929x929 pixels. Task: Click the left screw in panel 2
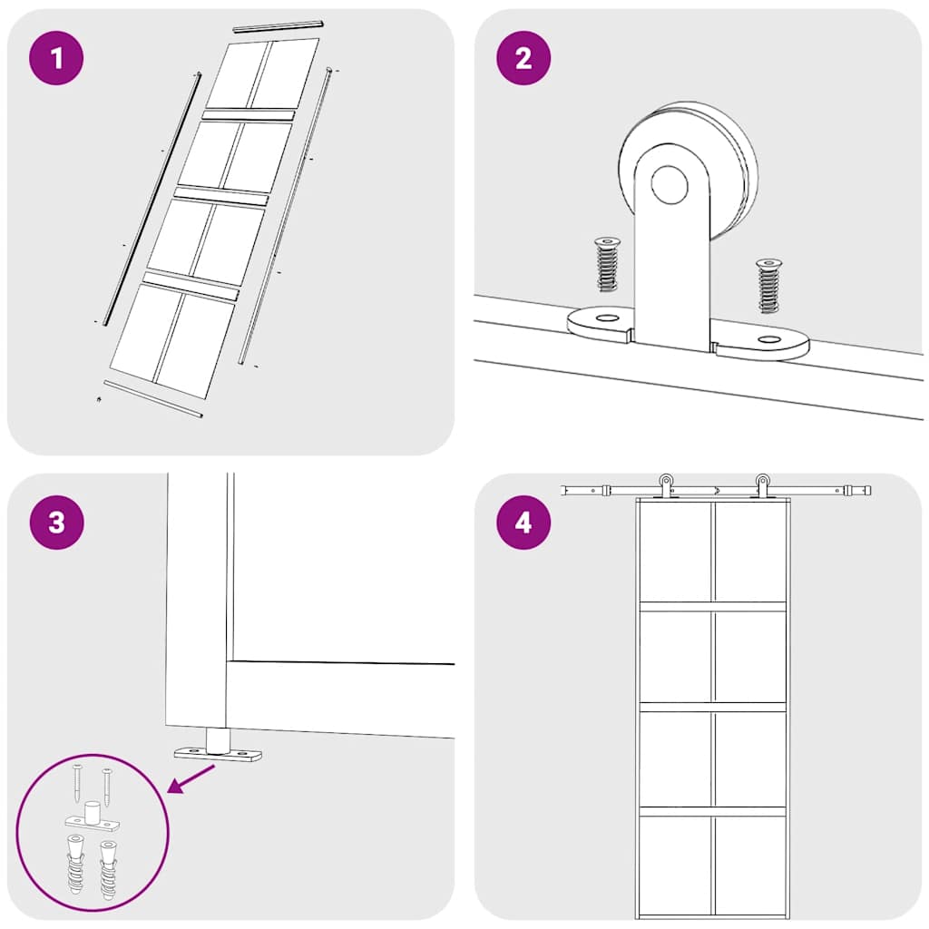click(x=606, y=264)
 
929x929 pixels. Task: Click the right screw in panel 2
click(x=768, y=285)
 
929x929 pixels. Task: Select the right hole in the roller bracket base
click(x=770, y=340)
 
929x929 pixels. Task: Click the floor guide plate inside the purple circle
click(x=93, y=823)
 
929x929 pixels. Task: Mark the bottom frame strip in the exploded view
click(x=152, y=399)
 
